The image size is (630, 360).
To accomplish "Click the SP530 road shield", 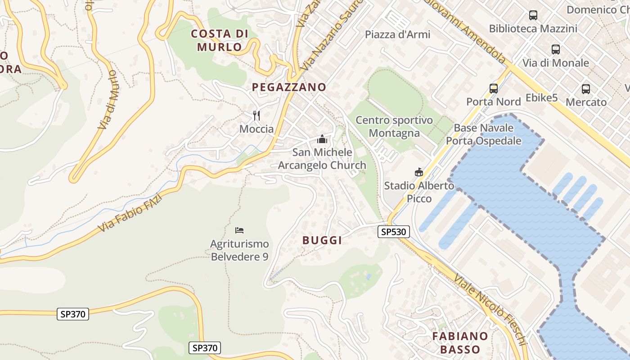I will click(x=394, y=232).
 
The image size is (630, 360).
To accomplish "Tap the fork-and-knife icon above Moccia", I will click(x=256, y=116).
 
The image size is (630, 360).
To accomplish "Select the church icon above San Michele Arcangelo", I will click(x=322, y=139).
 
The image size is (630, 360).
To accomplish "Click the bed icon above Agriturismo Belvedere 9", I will click(x=239, y=230).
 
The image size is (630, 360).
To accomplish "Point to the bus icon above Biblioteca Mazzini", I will click(x=533, y=15).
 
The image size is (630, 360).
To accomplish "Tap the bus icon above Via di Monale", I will click(x=556, y=49).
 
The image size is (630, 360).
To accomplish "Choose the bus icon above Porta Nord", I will click(x=494, y=88).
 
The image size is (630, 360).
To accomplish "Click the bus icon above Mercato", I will click(x=586, y=89).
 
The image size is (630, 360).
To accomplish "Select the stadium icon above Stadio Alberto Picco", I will click(x=419, y=172).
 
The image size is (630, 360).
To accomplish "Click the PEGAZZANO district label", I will click(x=289, y=87).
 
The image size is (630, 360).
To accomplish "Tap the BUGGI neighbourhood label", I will click(x=322, y=240).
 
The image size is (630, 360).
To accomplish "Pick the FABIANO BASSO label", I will click(x=460, y=342).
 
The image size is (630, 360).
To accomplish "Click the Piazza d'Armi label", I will click(x=397, y=35).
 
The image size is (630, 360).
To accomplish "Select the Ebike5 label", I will click(x=542, y=98).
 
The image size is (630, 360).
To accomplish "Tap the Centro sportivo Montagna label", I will click(x=394, y=126).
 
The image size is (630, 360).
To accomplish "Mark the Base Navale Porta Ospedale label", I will click(x=484, y=134).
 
